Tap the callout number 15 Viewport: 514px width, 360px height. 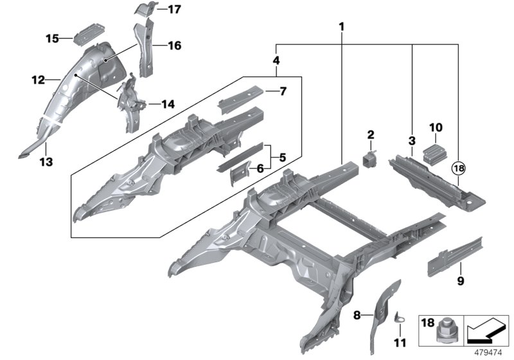tap(52, 39)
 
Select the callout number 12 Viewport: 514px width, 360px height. tap(39, 80)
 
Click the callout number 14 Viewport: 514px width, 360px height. tap(167, 104)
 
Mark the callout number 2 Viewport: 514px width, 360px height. tap(370, 134)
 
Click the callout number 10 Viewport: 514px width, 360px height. tap(436, 127)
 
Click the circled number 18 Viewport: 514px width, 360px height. tap(460, 168)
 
